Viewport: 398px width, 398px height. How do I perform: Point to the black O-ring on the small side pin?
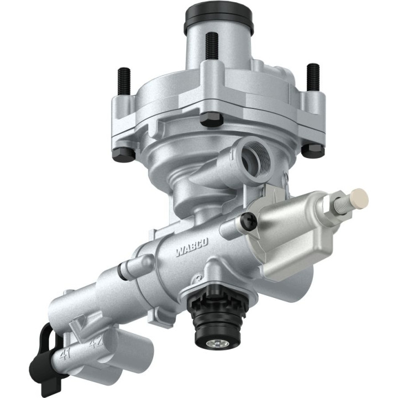(x=121, y=272)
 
